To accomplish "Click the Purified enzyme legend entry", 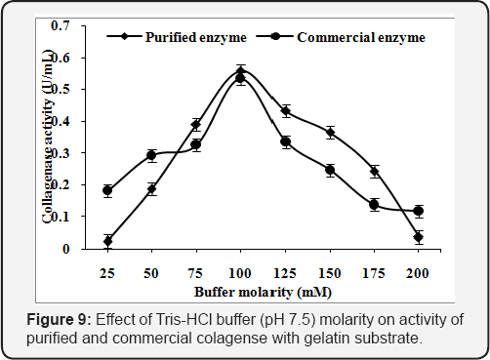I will click(x=172, y=38).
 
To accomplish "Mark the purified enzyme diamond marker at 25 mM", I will click(x=107, y=240).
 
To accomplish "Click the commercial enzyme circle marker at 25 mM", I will click(x=107, y=191).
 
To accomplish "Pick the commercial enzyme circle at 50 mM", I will click(x=151, y=155).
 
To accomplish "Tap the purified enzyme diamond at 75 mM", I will click(x=196, y=125).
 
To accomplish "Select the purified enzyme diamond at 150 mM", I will click(x=330, y=133).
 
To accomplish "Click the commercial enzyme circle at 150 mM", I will click(x=330, y=170).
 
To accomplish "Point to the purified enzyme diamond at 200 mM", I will click(x=418, y=237).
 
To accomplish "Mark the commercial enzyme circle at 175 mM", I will click(x=374, y=205).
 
